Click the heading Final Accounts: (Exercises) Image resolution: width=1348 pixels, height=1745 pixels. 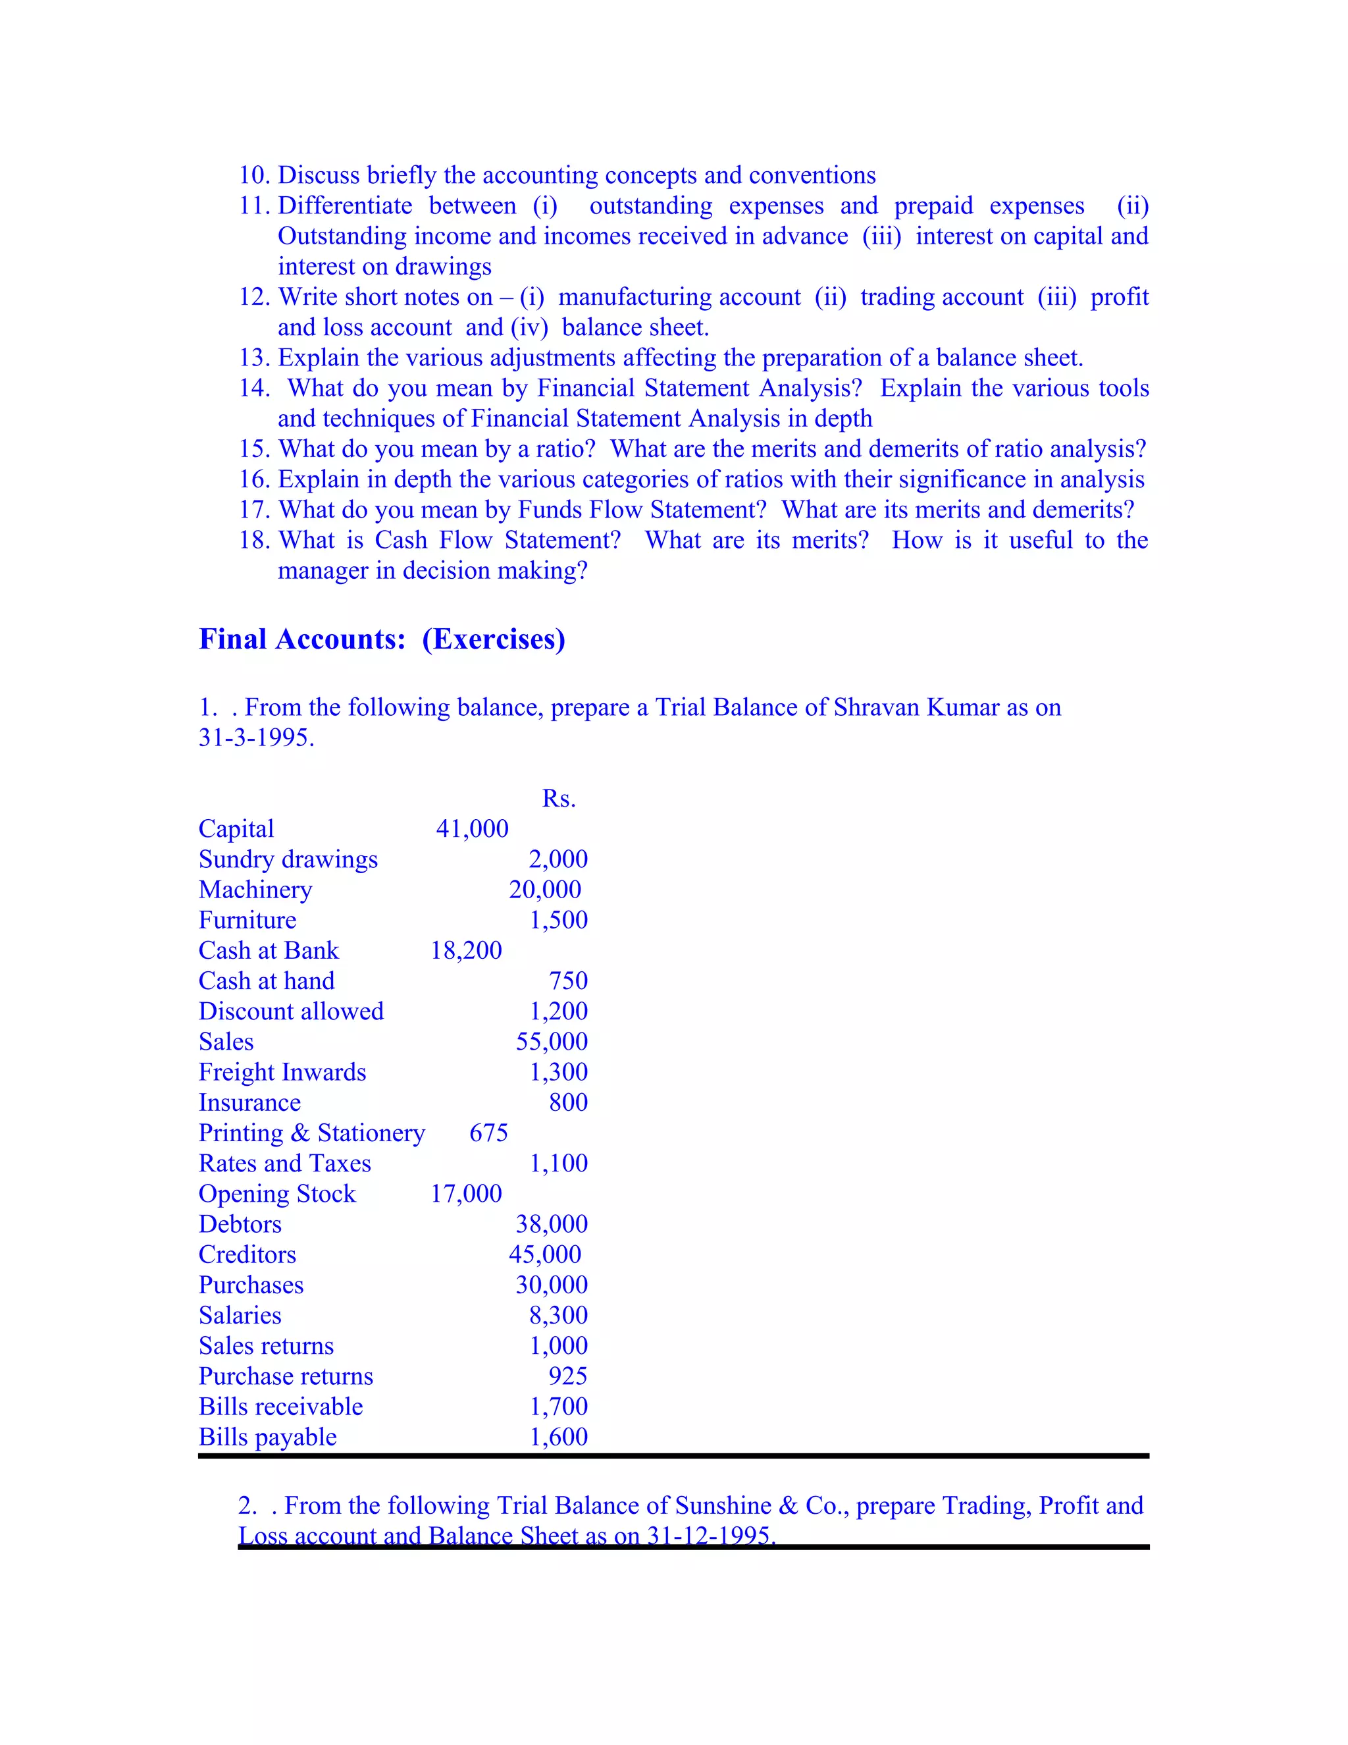pos(382,639)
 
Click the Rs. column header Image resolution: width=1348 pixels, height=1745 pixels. pos(558,798)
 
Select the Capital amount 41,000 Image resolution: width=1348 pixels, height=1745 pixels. pos(472,828)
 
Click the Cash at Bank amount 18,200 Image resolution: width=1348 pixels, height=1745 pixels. pos(467,950)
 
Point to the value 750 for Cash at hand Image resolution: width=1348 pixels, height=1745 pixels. pos(568,980)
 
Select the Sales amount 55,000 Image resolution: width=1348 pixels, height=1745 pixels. pos(551,1041)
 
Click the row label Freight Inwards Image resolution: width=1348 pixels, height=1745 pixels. pos(282,1072)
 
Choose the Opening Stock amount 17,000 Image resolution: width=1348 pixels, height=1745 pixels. pos(467,1194)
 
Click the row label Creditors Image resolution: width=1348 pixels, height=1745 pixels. pos(247,1254)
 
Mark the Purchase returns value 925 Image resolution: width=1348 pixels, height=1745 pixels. pos(568,1376)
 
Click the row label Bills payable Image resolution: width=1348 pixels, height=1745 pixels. pos(267,1437)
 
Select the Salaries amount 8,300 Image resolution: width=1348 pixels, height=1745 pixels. pos(557,1315)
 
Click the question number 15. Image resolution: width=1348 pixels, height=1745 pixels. pos(254,449)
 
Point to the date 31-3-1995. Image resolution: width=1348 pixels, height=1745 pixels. pos(255,738)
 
